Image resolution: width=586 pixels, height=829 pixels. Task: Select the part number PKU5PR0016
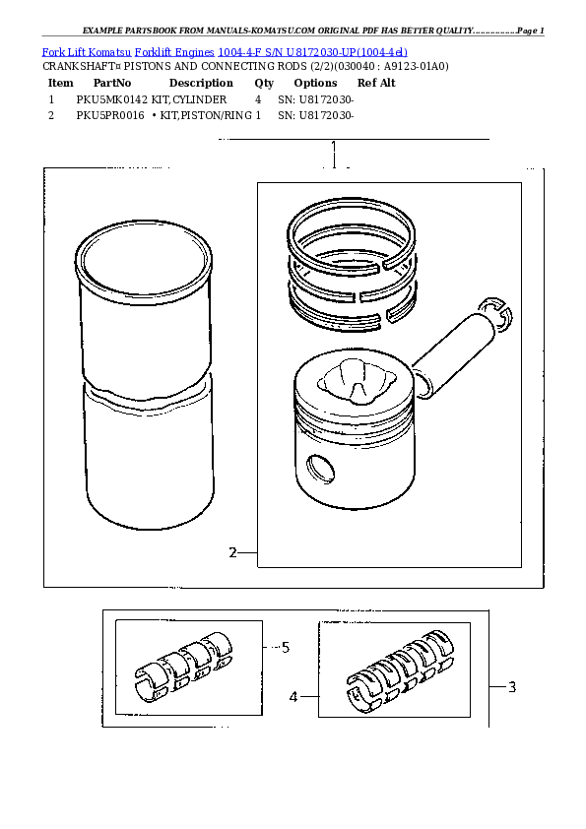[x=110, y=115]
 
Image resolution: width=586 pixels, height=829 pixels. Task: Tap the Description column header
[x=201, y=84]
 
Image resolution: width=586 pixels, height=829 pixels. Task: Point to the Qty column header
[x=264, y=84]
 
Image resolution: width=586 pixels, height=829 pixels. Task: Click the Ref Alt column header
[x=376, y=84]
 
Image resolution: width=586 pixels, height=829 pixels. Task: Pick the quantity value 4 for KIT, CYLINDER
[x=258, y=99]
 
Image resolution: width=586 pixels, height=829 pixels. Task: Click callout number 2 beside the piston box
[x=232, y=552]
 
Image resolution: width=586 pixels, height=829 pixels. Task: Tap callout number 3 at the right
[x=512, y=687]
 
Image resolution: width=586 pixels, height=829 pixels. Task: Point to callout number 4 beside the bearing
[x=293, y=697]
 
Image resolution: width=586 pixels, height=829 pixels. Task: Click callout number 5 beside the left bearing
[x=286, y=647]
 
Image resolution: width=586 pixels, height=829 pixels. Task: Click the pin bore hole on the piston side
[x=321, y=467]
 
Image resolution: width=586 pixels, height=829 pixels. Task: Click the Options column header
[x=315, y=84]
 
